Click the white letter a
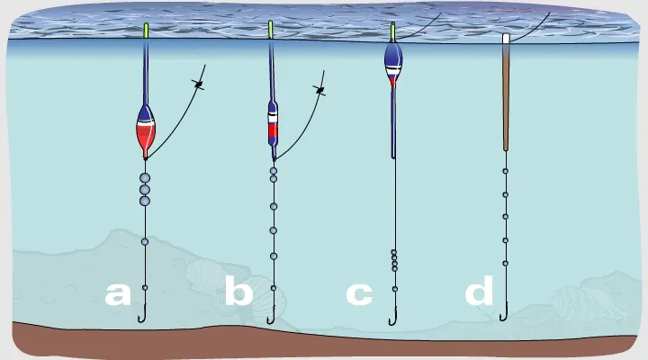[117, 293]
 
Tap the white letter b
[238, 293]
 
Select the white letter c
[359, 293]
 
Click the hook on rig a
[142, 316]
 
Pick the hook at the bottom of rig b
[271, 316]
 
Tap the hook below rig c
[392, 317]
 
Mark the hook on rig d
[504, 313]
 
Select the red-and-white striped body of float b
[273, 123]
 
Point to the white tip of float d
[506, 40]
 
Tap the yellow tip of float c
[393, 30]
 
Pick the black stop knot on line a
[200, 85]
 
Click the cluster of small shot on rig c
[394, 259]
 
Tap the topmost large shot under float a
[144, 178]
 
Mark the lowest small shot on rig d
[505, 263]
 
